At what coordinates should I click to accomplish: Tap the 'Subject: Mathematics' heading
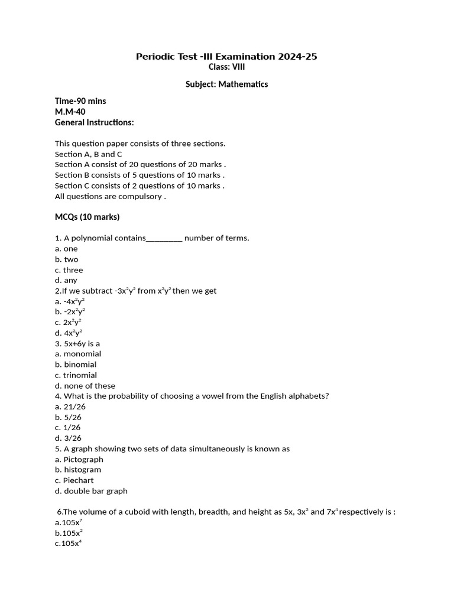click(226, 84)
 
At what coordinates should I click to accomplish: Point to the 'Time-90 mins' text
click(80, 101)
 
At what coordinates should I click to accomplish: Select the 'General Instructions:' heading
click(95, 122)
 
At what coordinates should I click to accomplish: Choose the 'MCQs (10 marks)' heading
click(87, 217)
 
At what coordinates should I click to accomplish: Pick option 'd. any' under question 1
click(66, 280)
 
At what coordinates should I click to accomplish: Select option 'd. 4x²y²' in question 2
click(69, 333)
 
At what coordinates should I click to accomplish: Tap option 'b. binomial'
click(76, 365)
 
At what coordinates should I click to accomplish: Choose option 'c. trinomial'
click(76, 375)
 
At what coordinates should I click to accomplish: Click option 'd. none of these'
click(85, 386)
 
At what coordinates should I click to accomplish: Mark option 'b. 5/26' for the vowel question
click(68, 417)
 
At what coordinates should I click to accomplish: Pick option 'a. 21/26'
click(70, 406)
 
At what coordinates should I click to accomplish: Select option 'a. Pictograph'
click(79, 459)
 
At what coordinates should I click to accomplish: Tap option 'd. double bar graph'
click(91, 491)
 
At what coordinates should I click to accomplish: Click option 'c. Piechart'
click(74, 480)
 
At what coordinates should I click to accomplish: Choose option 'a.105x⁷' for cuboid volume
click(69, 522)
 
